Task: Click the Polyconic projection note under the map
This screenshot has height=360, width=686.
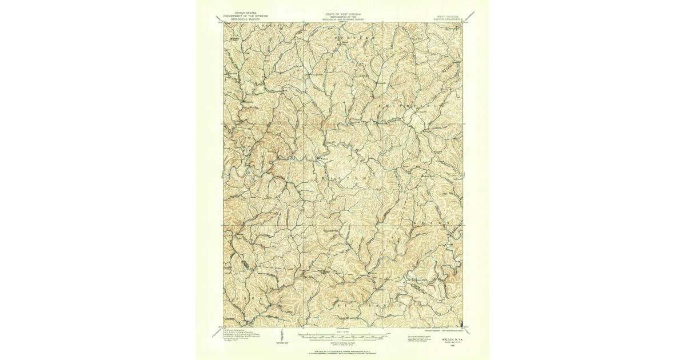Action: coord(443,330)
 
